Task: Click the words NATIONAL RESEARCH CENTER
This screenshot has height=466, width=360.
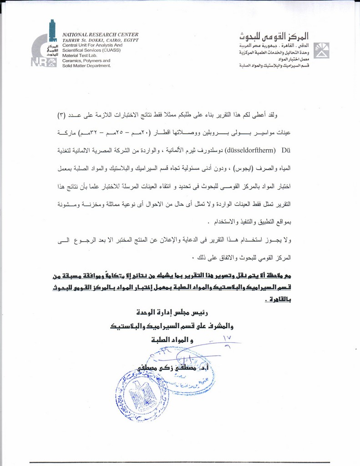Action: (x=100, y=35)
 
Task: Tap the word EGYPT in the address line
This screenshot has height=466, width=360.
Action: (x=129, y=40)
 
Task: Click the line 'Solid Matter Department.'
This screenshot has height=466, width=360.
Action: (x=86, y=66)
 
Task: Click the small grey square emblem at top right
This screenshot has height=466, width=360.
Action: (x=322, y=51)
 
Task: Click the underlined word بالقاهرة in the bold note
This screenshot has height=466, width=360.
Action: (x=279, y=299)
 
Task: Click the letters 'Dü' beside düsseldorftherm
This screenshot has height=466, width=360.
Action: (x=286, y=149)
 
